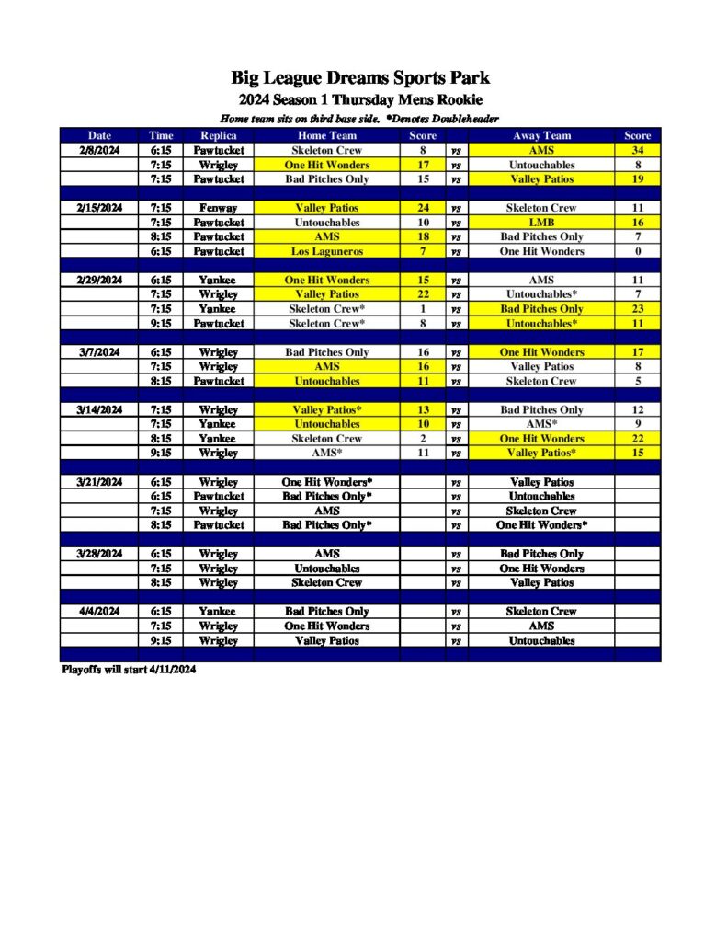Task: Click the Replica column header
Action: [x=219, y=135]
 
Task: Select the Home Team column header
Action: [x=327, y=135]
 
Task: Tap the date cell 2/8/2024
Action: [x=99, y=150]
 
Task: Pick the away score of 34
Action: [x=637, y=150]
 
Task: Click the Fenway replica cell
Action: [x=219, y=208]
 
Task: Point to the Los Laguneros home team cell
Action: [x=327, y=251]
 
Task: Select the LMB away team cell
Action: [x=541, y=223]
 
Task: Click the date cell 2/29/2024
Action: [x=99, y=280]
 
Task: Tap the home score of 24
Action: [x=423, y=208]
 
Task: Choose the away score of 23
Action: [x=637, y=309]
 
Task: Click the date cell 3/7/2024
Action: [x=99, y=352]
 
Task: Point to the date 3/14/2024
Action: [x=99, y=409]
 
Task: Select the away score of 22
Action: [x=637, y=439]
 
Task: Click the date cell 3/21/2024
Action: [x=99, y=482]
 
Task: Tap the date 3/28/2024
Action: [x=99, y=554]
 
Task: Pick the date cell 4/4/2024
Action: [x=99, y=611]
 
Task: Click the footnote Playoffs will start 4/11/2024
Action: [x=129, y=670]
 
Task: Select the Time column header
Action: [x=161, y=135]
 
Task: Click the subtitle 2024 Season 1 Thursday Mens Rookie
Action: [x=361, y=99]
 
